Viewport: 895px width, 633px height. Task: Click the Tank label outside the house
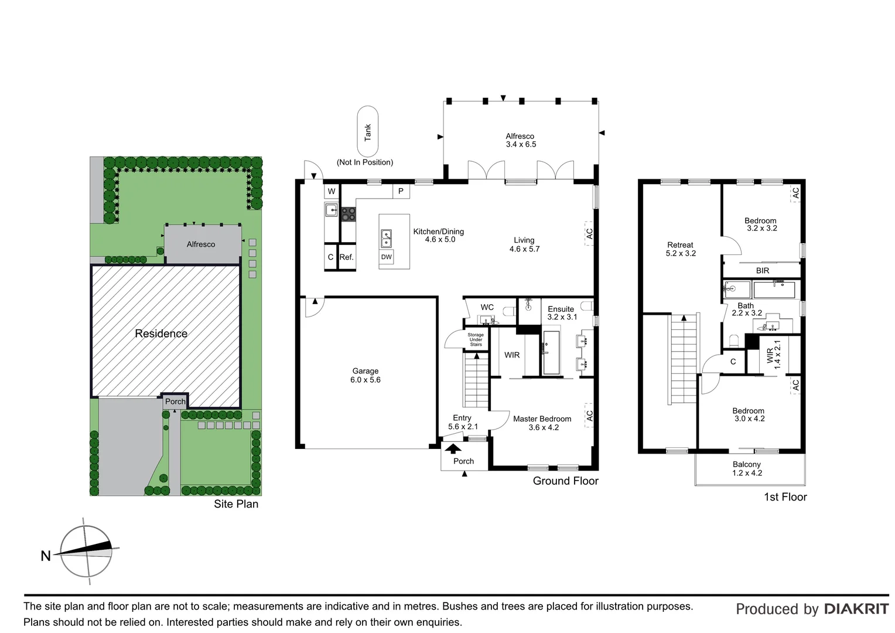pyautogui.click(x=368, y=132)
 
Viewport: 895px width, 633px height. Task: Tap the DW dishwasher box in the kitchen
pyautogui.click(x=387, y=257)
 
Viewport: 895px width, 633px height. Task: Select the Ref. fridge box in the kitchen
pyautogui.click(x=347, y=257)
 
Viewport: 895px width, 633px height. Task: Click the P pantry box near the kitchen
pyautogui.click(x=401, y=191)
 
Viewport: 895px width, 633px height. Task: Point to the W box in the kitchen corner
pyautogui.click(x=332, y=191)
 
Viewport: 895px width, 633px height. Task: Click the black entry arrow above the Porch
pyautogui.click(x=453, y=449)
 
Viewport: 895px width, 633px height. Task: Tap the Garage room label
pyautogui.click(x=365, y=371)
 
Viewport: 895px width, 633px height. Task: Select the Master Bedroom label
pyautogui.click(x=542, y=418)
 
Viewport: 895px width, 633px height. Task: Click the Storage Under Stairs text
pyautogui.click(x=476, y=339)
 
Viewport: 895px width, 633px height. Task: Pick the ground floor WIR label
pyautogui.click(x=512, y=355)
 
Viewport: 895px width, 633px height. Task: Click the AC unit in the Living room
pyautogui.click(x=589, y=233)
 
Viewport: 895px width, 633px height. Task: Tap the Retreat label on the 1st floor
pyautogui.click(x=680, y=245)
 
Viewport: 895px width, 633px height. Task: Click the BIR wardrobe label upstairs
pyautogui.click(x=763, y=271)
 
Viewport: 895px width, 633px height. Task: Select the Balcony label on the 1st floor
pyautogui.click(x=747, y=464)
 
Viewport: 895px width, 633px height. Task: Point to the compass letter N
pyautogui.click(x=46, y=556)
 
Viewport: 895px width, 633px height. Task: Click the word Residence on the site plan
pyautogui.click(x=161, y=333)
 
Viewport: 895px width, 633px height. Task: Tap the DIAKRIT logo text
pyautogui.click(x=856, y=609)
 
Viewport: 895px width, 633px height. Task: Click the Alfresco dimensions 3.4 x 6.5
pyautogui.click(x=521, y=144)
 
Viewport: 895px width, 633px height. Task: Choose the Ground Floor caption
pyautogui.click(x=565, y=481)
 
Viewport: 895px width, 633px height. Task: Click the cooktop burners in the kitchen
pyautogui.click(x=348, y=214)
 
